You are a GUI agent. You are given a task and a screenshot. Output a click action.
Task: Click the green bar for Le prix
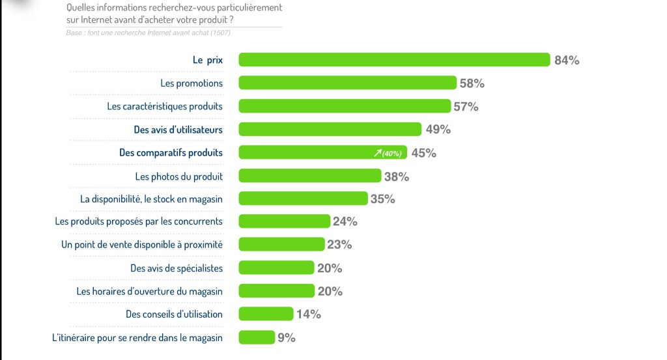click(x=394, y=60)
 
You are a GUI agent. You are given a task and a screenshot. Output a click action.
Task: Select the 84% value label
click(x=567, y=61)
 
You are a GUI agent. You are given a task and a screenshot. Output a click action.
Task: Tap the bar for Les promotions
click(x=347, y=83)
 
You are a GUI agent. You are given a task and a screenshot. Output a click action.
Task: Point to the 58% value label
click(x=472, y=83)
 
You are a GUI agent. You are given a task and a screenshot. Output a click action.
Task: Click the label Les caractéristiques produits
click(x=165, y=106)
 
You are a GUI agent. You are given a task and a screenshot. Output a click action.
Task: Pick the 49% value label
click(x=438, y=130)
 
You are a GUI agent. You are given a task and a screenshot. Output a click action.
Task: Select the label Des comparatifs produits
click(x=171, y=153)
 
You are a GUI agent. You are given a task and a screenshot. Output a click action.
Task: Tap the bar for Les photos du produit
click(x=310, y=176)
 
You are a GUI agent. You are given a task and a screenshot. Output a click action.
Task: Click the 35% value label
click(x=383, y=199)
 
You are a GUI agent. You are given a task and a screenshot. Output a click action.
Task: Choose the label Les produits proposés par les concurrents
click(x=139, y=221)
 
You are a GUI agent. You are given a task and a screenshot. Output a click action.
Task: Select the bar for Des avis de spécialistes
click(x=276, y=268)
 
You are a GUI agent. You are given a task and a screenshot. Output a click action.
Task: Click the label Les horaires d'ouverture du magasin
click(x=149, y=291)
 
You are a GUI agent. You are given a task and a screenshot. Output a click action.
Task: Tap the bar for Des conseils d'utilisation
click(x=266, y=314)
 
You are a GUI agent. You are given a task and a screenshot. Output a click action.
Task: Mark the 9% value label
click(x=287, y=338)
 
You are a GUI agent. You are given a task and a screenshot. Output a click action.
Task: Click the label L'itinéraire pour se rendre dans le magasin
click(x=137, y=338)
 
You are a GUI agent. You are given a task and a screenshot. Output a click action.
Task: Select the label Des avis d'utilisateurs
click(x=178, y=130)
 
